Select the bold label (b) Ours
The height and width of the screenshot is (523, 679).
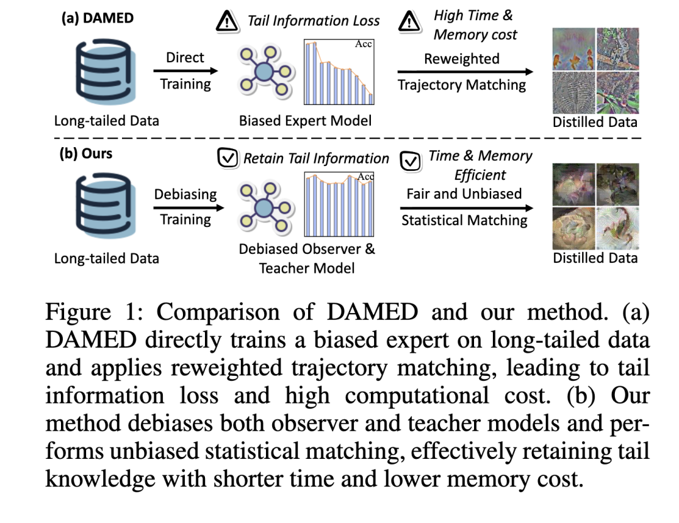(86, 154)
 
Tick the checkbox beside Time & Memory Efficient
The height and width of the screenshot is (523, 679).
(411, 162)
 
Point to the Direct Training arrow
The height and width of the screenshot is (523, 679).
(187, 71)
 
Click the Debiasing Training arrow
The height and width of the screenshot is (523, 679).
(186, 207)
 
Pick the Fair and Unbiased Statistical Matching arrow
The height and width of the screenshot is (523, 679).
(464, 207)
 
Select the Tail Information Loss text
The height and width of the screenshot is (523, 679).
(314, 21)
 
